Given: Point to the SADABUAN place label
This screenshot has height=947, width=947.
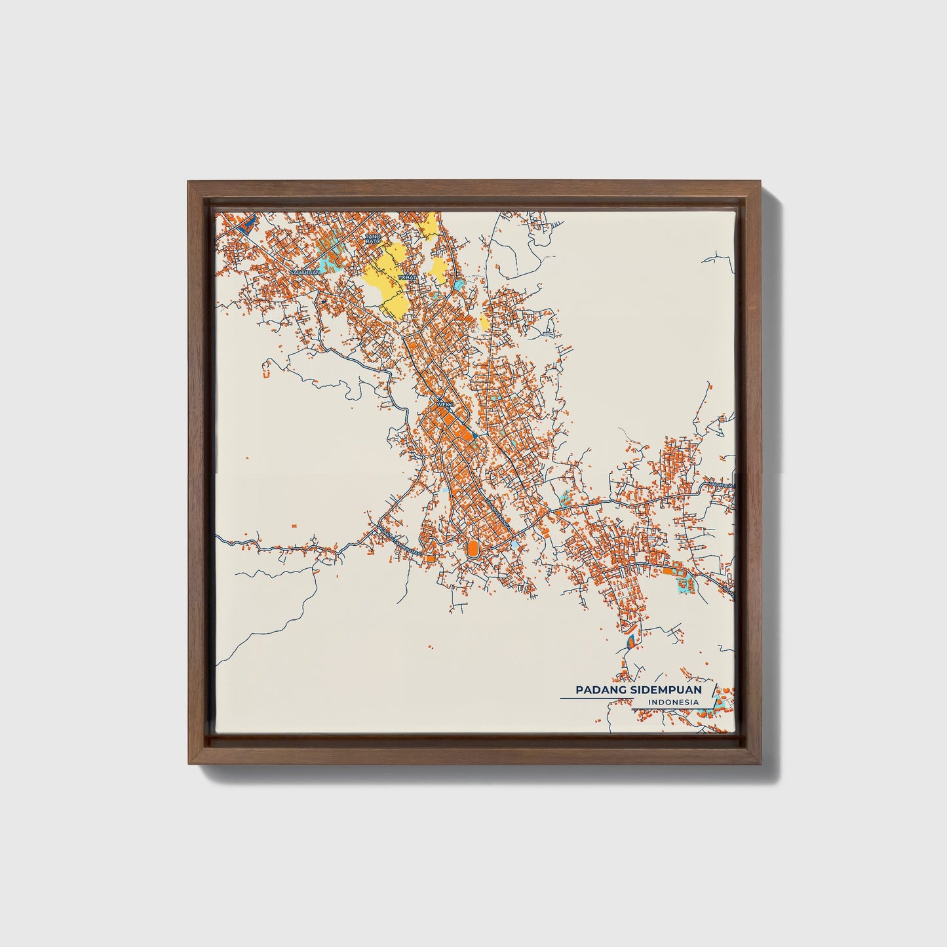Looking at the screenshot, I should click(304, 271).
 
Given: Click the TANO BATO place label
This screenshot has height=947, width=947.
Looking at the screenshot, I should click(372, 239).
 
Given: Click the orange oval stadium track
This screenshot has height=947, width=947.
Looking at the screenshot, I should click(471, 547).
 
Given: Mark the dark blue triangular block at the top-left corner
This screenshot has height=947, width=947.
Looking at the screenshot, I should click(245, 226).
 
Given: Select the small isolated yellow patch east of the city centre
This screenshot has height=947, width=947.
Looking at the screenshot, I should click(484, 322).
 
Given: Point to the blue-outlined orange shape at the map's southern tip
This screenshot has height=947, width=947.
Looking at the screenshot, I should click(630, 641).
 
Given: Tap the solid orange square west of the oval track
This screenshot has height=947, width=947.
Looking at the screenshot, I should click(430, 558).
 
